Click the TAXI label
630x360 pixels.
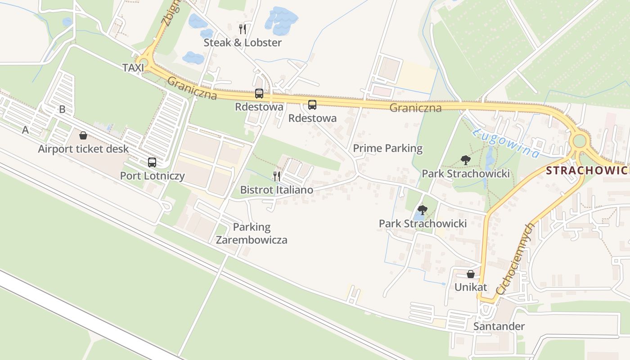[133, 67]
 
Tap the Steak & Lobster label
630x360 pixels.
[243, 43]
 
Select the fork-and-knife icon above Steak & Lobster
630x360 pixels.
[243, 29]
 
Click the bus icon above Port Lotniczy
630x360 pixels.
[152, 162]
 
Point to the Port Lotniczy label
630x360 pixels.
[152, 175]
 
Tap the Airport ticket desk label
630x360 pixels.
[83, 149]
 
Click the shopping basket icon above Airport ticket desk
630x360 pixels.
[83, 135]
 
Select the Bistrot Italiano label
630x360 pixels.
[276, 190]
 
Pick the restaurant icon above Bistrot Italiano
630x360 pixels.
[277, 176]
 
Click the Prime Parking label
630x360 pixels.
[387, 148]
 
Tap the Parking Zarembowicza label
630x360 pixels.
[251, 233]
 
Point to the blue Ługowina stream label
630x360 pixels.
[506, 144]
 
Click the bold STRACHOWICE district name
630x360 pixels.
[587, 171]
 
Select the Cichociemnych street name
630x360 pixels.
[513, 259]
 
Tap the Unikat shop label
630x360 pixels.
[471, 287]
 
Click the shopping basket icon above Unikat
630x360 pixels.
[471, 274]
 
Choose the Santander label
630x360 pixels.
[499, 326]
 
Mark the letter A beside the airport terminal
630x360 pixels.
[25, 130]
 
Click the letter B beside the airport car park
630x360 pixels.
[62, 109]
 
